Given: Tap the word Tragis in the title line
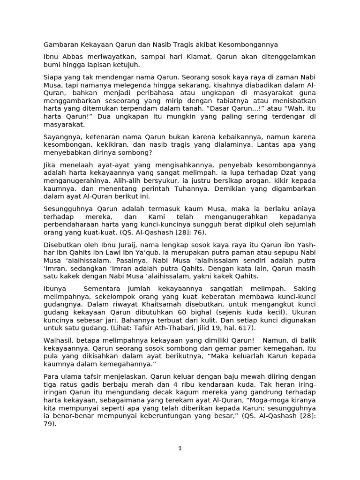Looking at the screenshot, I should point(187,45).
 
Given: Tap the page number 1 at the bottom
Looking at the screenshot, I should point(180,449).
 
